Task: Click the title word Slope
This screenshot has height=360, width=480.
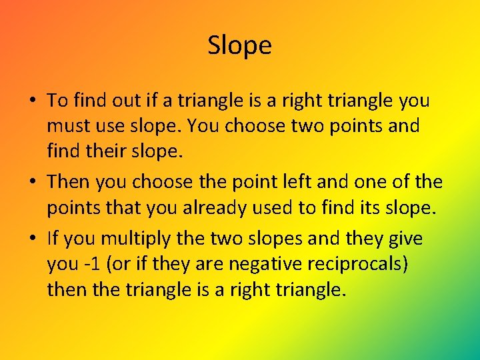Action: pos(239,46)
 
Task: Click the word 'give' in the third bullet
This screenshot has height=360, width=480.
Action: pos(406,238)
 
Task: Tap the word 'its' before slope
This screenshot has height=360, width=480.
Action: pos(365,209)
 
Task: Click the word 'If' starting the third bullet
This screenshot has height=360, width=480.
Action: pos(53,238)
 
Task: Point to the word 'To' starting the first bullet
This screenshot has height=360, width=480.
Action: pos(57,101)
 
